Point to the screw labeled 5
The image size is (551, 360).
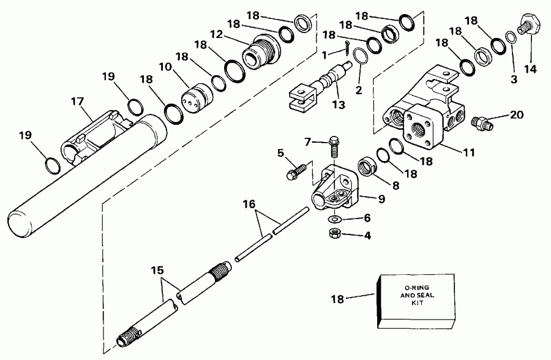click(296, 170)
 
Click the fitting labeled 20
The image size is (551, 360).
click(482, 120)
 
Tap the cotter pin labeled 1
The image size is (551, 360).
click(348, 47)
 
